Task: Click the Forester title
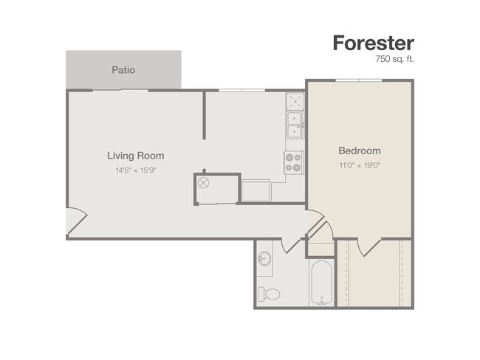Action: [374, 43]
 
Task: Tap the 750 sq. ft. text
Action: [394, 59]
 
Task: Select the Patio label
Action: [123, 70]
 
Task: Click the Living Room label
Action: [136, 156]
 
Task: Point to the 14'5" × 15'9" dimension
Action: [136, 170]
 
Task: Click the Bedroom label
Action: [360, 150]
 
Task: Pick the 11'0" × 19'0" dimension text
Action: [360, 165]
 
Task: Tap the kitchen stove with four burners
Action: [294, 163]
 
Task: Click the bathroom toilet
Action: [269, 294]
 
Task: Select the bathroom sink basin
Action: [264, 259]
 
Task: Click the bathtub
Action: [321, 283]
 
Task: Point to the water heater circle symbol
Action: [203, 183]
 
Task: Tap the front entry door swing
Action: [77, 221]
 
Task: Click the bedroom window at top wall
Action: [359, 80]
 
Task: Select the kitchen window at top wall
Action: [241, 90]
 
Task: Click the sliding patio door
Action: [120, 90]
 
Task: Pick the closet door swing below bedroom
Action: [369, 247]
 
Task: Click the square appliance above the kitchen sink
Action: [295, 101]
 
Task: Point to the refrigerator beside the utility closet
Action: [256, 190]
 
